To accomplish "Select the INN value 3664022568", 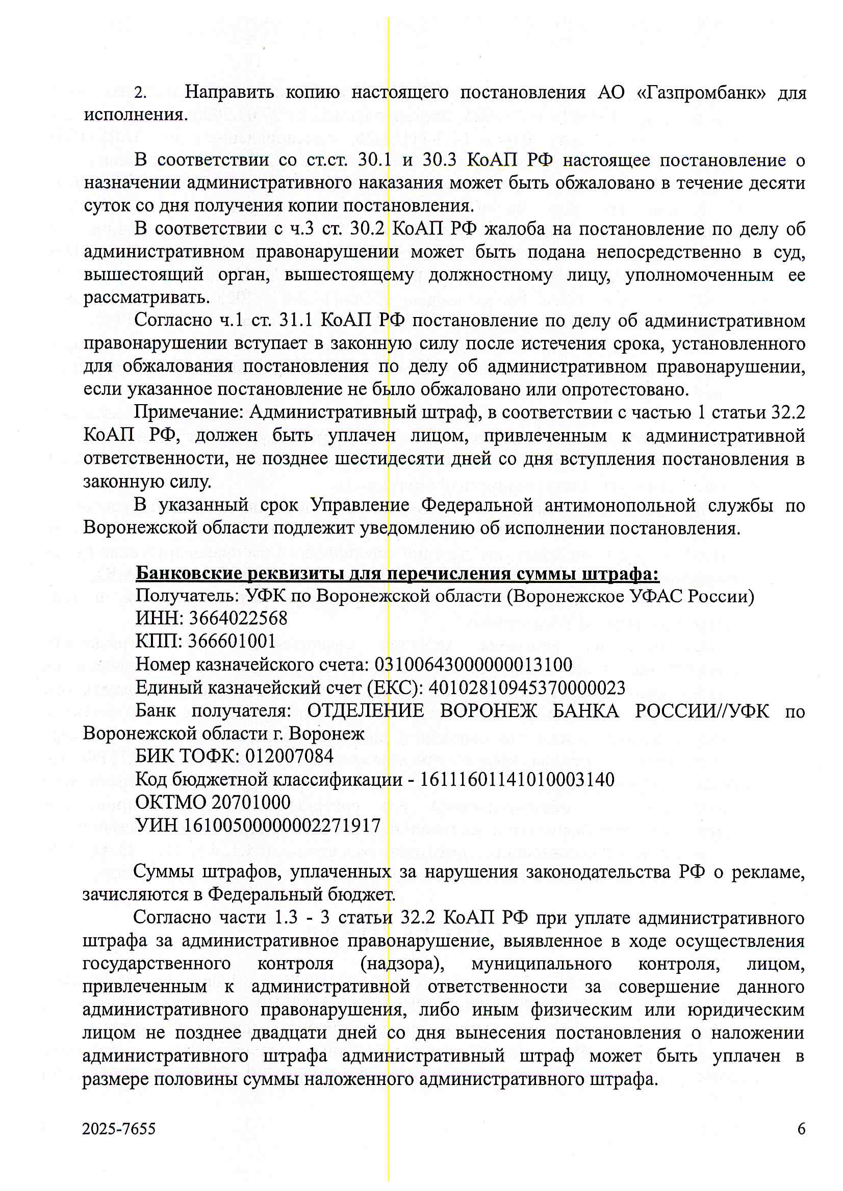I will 238,618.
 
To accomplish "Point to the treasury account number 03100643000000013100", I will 473,665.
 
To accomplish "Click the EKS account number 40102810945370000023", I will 527,687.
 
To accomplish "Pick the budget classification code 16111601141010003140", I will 517,779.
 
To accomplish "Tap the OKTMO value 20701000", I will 251,802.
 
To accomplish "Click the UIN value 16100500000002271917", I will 283,825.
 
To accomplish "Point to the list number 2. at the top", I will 140,93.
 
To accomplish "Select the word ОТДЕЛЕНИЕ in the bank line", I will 366,710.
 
